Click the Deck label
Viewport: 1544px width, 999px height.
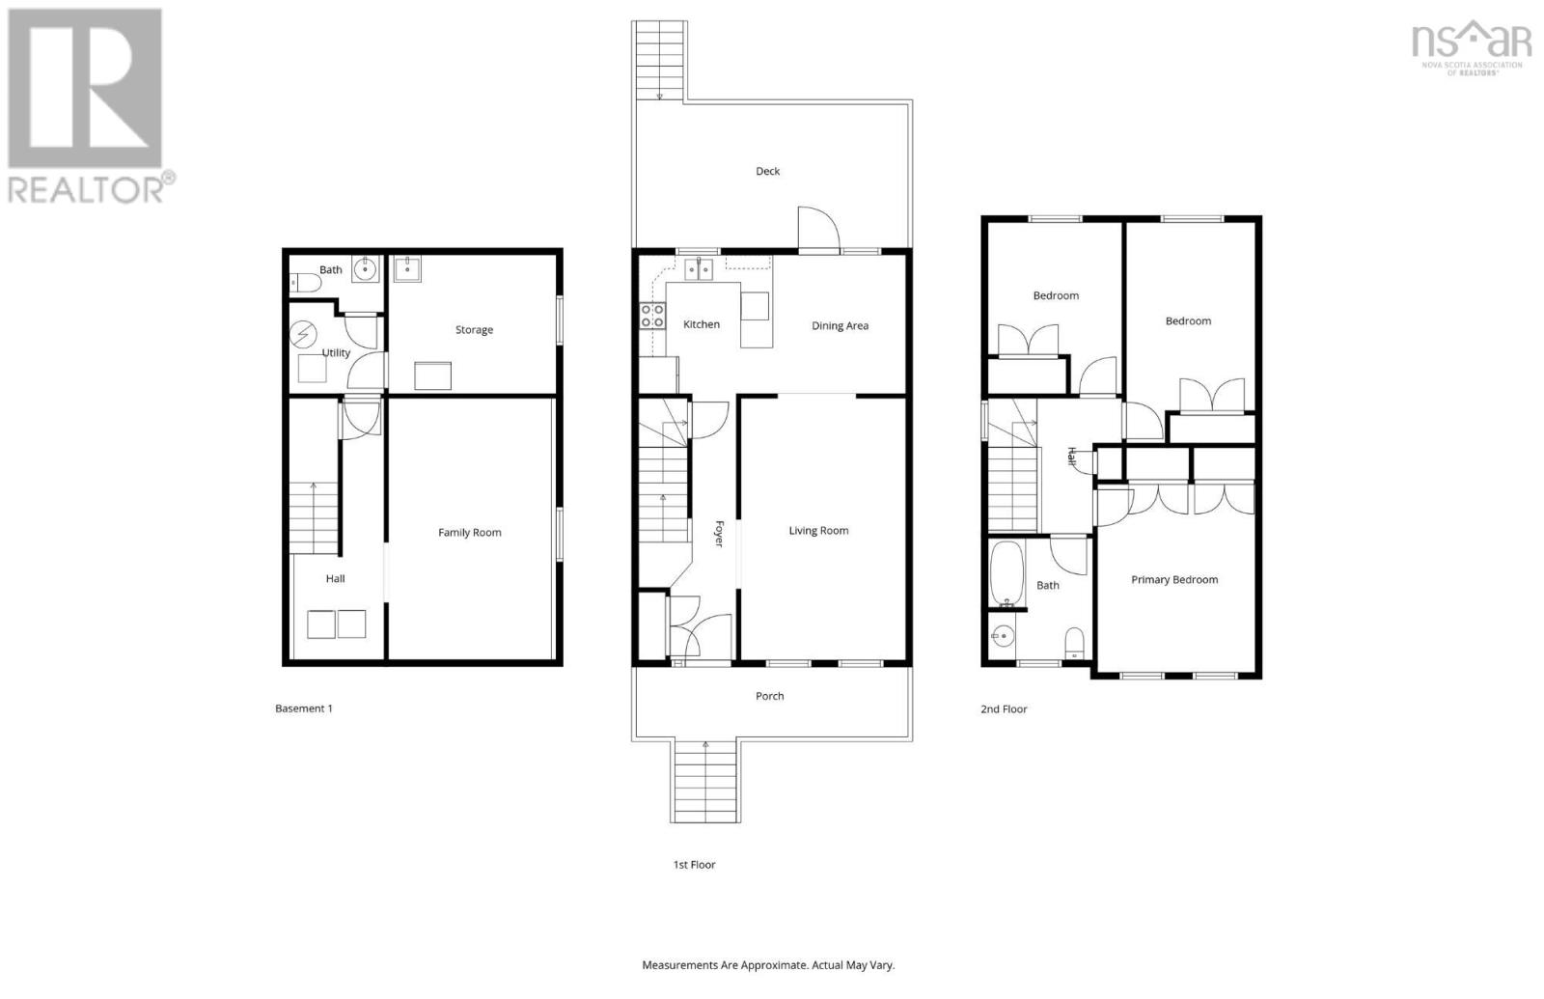pos(767,171)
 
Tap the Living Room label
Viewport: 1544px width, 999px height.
pos(818,530)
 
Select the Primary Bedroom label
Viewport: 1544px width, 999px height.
pos(1173,579)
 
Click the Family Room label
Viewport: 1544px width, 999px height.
pos(469,532)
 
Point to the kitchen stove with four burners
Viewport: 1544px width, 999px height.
pos(652,316)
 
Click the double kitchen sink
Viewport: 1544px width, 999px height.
pos(698,268)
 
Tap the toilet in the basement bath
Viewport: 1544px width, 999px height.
pos(305,283)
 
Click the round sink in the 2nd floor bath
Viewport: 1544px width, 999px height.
pos(1005,636)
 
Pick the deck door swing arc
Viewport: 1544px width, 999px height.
pos(818,228)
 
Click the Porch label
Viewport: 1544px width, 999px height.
pos(769,695)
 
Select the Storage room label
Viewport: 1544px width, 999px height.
pos(474,329)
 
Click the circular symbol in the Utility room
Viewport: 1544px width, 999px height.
pos(304,334)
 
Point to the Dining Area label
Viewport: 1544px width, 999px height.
pos(840,325)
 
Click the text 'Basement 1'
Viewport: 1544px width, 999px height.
pos(303,708)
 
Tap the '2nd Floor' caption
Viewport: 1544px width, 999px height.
pos(1004,708)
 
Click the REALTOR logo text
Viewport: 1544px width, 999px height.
pos(92,187)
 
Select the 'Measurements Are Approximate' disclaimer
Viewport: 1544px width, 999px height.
pos(768,964)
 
